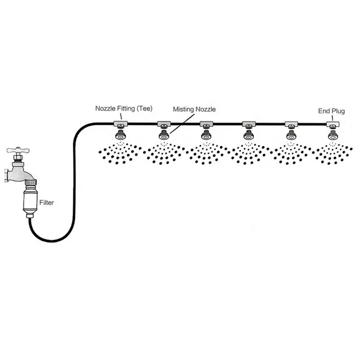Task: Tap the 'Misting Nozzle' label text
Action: point(194,109)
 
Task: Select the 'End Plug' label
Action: point(332,111)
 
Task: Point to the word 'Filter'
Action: point(47,203)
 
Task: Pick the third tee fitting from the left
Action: point(207,124)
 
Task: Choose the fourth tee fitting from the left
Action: point(249,124)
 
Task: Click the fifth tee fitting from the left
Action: point(291,124)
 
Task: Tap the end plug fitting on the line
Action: point(332,124)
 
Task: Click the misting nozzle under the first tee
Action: point(121,134)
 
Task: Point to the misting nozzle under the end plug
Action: point(332,135)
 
